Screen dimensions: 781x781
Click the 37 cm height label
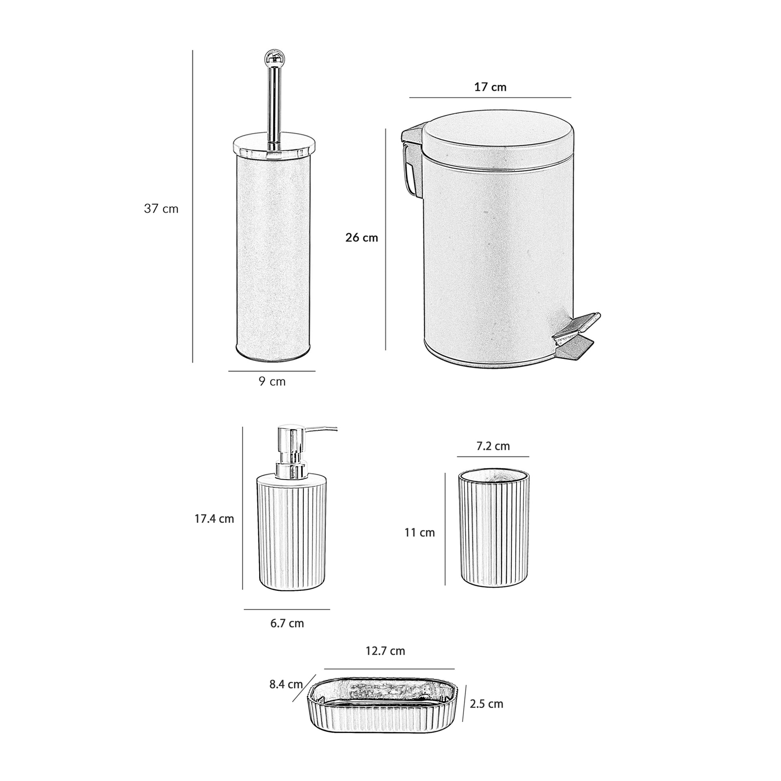point(161,209)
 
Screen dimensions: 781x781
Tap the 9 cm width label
point(272,382)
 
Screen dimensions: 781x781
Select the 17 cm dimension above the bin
point(490,87)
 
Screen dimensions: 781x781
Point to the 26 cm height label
point(361,238)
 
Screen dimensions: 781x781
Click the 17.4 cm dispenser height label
point(214,519)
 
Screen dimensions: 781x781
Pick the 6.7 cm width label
point(287,623)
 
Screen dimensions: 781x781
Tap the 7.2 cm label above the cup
point(493,446)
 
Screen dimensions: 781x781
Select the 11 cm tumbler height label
point(420,533)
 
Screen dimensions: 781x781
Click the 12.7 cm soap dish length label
point(385,651)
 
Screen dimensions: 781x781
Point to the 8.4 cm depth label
point(286,684)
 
